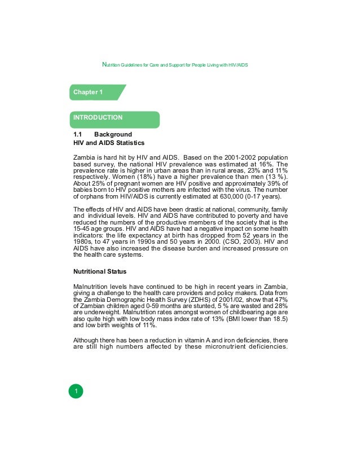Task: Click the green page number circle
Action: tap(76, 391)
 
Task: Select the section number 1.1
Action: tap(78, 135)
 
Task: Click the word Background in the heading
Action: tap(113, 135)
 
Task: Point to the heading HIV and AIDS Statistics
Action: tap(109, 143)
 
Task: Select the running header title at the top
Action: tap(174, 65)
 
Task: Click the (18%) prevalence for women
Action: tap(132, 177)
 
